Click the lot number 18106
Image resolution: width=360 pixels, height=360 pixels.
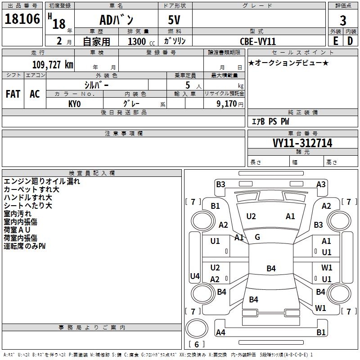coord(22,19)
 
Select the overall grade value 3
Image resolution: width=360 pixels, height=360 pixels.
coord(343,21)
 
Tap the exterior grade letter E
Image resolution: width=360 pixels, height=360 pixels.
coord(336,41)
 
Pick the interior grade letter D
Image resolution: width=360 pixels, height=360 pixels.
coord(350,41)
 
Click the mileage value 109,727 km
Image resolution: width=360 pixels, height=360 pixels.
coord(53,65)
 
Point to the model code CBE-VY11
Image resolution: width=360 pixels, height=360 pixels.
coord(257,41)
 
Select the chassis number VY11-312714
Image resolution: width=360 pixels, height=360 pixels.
coord(302,143)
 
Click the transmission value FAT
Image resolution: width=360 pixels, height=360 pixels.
coord(13,94)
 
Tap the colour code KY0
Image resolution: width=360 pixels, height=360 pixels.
coord(74,104)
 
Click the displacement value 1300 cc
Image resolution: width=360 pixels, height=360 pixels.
coord(141,41)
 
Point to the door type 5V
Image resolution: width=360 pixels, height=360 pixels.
coord(174,20)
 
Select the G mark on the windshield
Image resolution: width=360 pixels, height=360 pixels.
coord(257,237)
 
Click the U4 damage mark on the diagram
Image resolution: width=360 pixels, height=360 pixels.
coord(195,276)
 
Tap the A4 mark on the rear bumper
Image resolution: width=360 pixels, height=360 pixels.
coord(220,332)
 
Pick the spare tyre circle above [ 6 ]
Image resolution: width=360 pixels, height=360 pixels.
coord(197,328)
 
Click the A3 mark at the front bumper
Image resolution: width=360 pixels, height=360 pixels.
coord(321,184)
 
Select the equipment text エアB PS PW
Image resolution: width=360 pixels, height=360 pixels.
coord(270,121)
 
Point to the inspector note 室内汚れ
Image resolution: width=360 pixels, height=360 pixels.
coord(18,214)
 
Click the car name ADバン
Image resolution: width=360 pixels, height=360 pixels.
coord(116,20)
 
